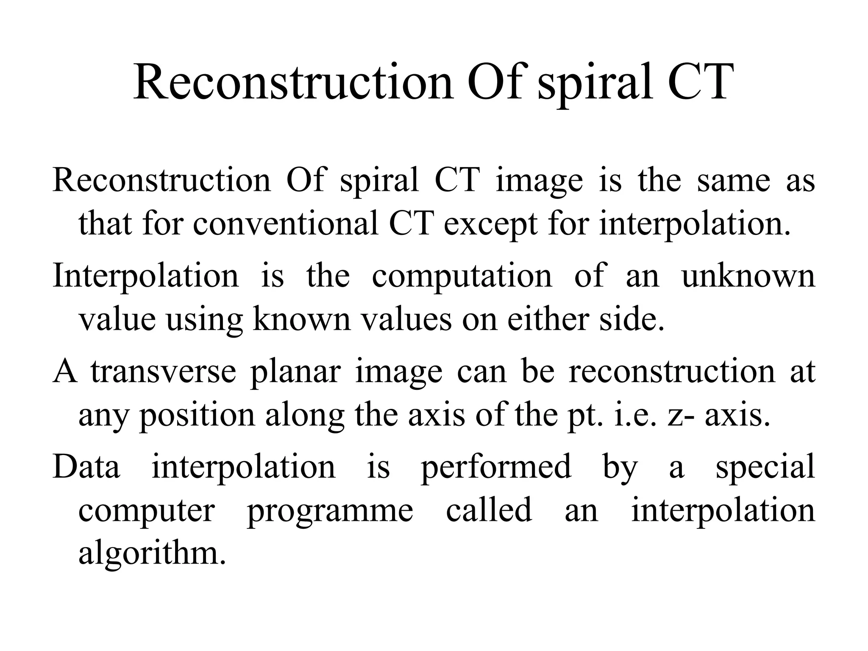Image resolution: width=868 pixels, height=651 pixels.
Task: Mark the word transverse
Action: tap(163, 372)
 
